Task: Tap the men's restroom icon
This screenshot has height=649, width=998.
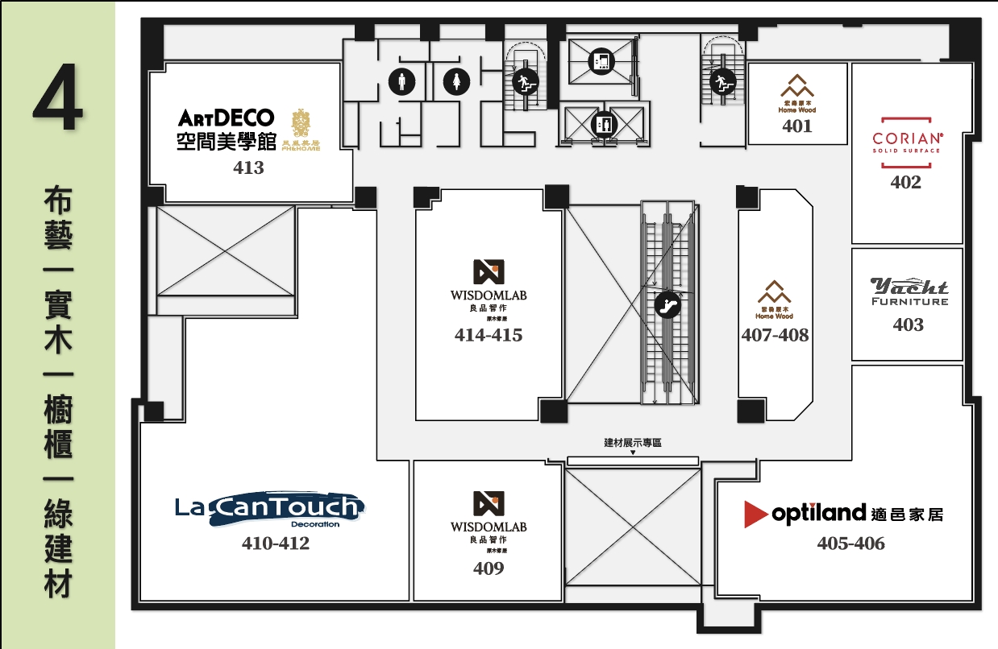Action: (401, 81)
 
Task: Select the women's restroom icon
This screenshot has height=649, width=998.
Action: (457, 81)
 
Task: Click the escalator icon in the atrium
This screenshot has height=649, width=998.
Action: (667, 305)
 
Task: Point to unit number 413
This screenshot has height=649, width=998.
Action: (248, 168)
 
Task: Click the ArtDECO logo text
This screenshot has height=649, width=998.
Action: (227, 118)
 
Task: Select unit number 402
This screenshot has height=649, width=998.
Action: (905, 183)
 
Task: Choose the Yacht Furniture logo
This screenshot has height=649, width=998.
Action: (909, 291)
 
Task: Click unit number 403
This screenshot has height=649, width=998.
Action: (908, 325)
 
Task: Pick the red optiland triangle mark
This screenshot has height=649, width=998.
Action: (755, 514)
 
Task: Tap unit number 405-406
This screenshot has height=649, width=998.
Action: (850, 544)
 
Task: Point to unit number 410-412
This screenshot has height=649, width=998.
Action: (275, 544)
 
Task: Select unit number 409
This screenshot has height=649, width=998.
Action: (488, 568)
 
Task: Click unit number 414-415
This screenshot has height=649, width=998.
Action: (488, 335)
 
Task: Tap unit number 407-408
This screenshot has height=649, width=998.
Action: (774, 335)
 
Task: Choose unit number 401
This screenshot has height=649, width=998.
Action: (796, 126)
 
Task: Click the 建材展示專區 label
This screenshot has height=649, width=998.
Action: (633, 443)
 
